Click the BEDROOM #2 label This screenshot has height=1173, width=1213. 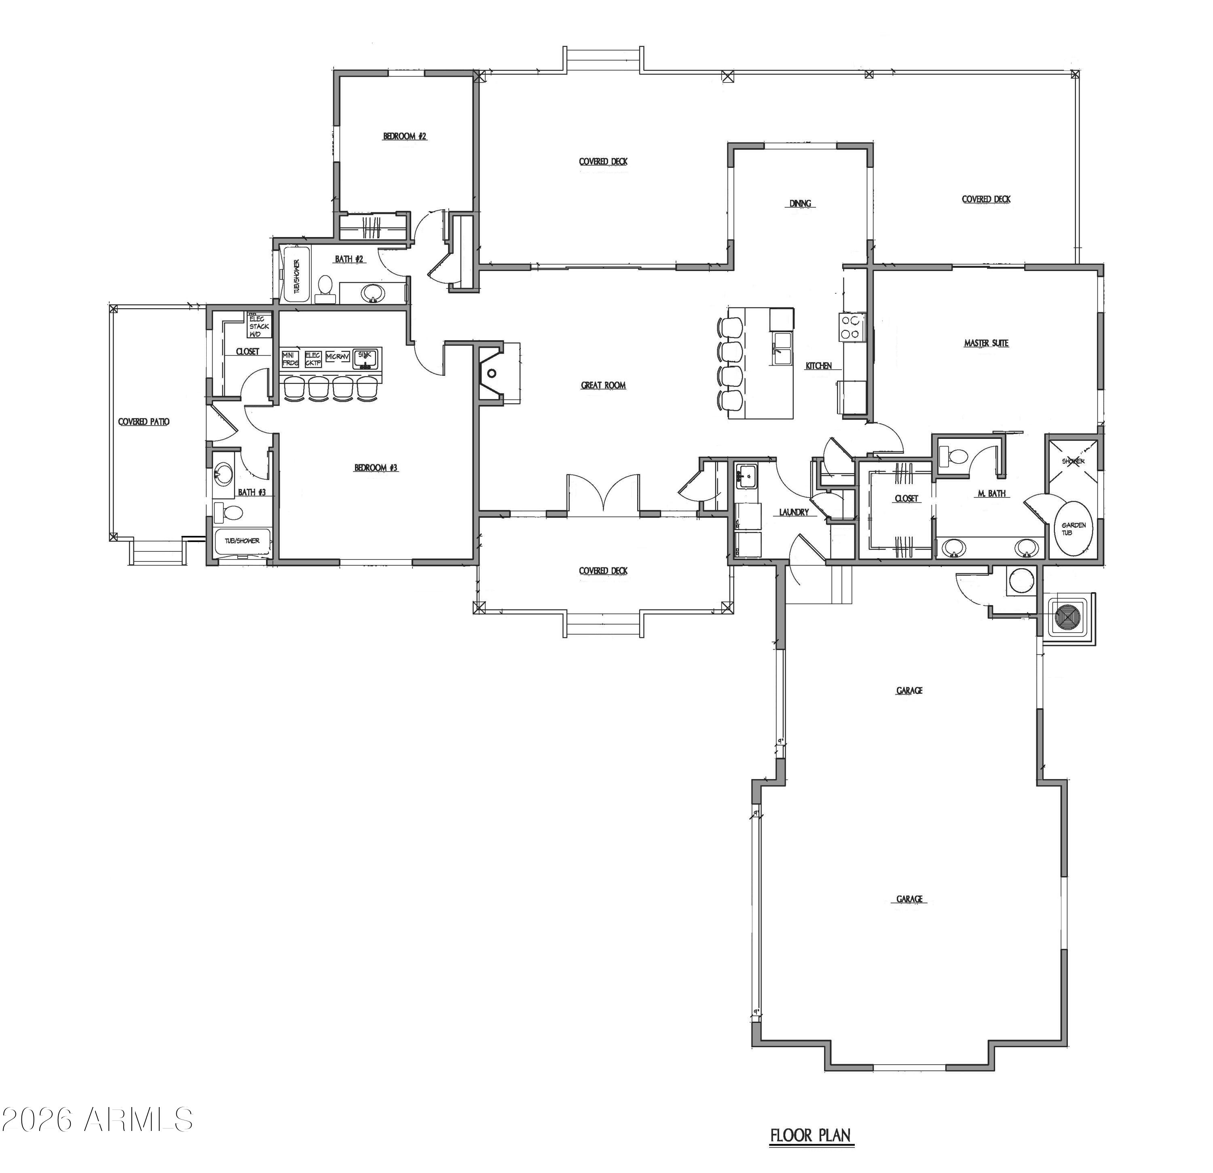(x=405, y=136)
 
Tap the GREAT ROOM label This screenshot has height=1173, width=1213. (x=603, y=385)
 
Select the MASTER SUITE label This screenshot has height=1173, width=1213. (x=986, y=343)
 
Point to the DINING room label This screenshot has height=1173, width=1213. (x=800, y=203)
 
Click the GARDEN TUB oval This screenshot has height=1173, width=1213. (x=1073, y=528)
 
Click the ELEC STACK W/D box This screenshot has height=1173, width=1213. (x=259, y=326)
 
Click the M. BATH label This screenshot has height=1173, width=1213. (x=991, y=494)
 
